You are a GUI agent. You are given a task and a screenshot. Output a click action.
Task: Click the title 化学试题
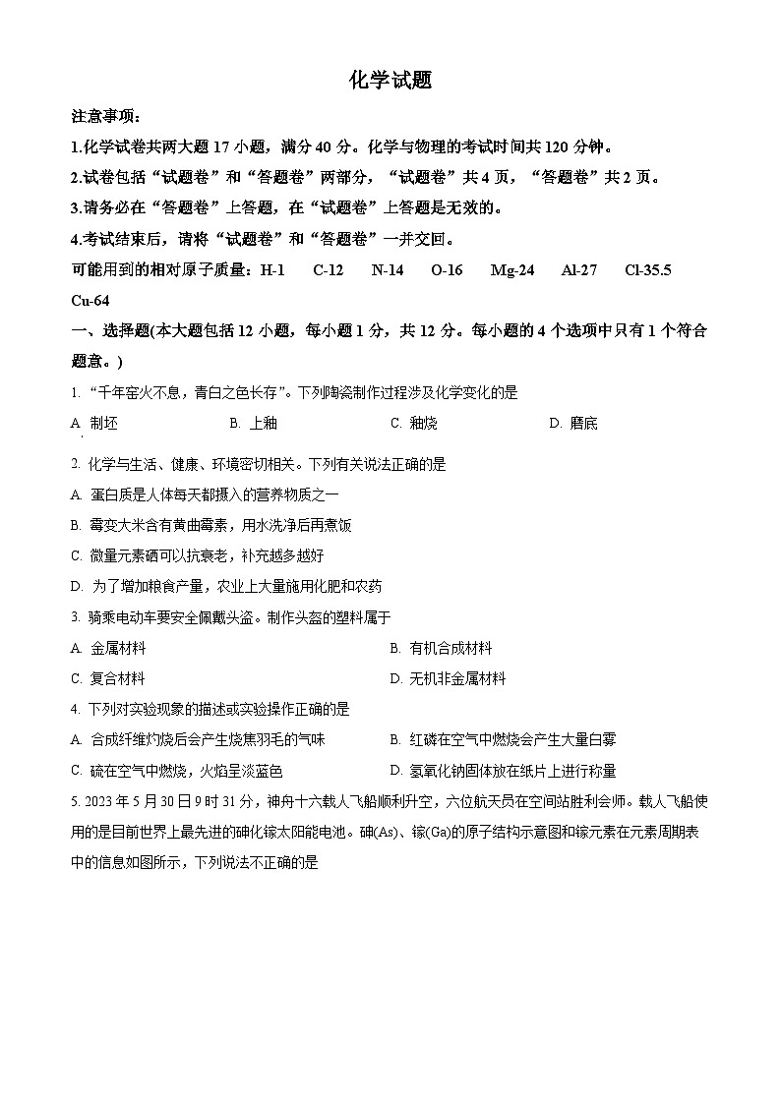[390, 82]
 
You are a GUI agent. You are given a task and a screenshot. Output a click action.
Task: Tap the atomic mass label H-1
[271, 270]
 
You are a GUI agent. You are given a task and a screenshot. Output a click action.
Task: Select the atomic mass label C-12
[329, 270]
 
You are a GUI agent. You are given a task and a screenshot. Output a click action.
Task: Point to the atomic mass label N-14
[388, 270]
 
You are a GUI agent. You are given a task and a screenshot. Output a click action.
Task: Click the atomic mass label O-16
[447, 270]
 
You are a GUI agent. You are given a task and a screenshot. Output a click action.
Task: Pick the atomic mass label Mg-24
[512, 270]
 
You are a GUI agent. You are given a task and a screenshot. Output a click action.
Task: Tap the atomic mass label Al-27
[579, 270]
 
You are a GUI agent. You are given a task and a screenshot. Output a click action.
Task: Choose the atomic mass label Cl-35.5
[648, 270]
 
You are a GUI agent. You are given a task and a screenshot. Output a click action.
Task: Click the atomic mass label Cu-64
[90, 300]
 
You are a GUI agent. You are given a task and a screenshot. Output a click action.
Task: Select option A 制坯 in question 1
[95, 423]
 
